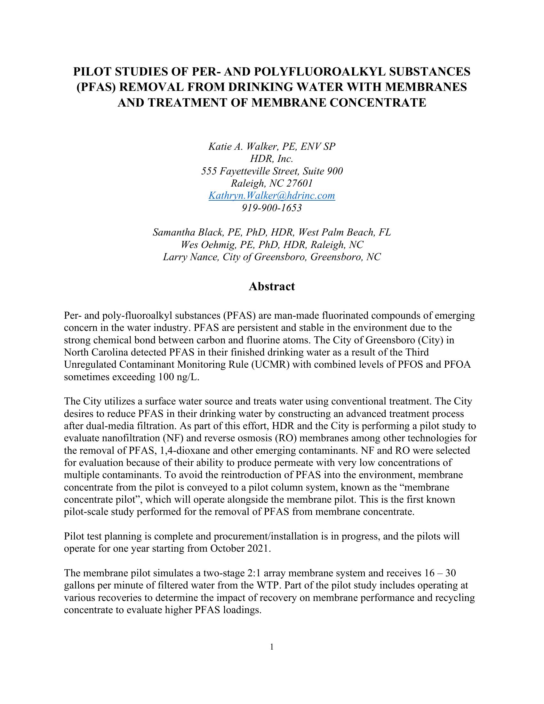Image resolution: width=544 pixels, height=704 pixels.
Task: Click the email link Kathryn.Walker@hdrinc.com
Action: click(x=272, y=196)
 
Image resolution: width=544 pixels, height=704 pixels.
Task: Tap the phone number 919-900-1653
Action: click(x=272, y=208)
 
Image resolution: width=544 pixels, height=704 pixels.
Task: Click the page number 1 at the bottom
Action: click(x=272, y=647)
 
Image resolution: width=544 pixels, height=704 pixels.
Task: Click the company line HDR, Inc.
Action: click(x=272, y=159)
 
